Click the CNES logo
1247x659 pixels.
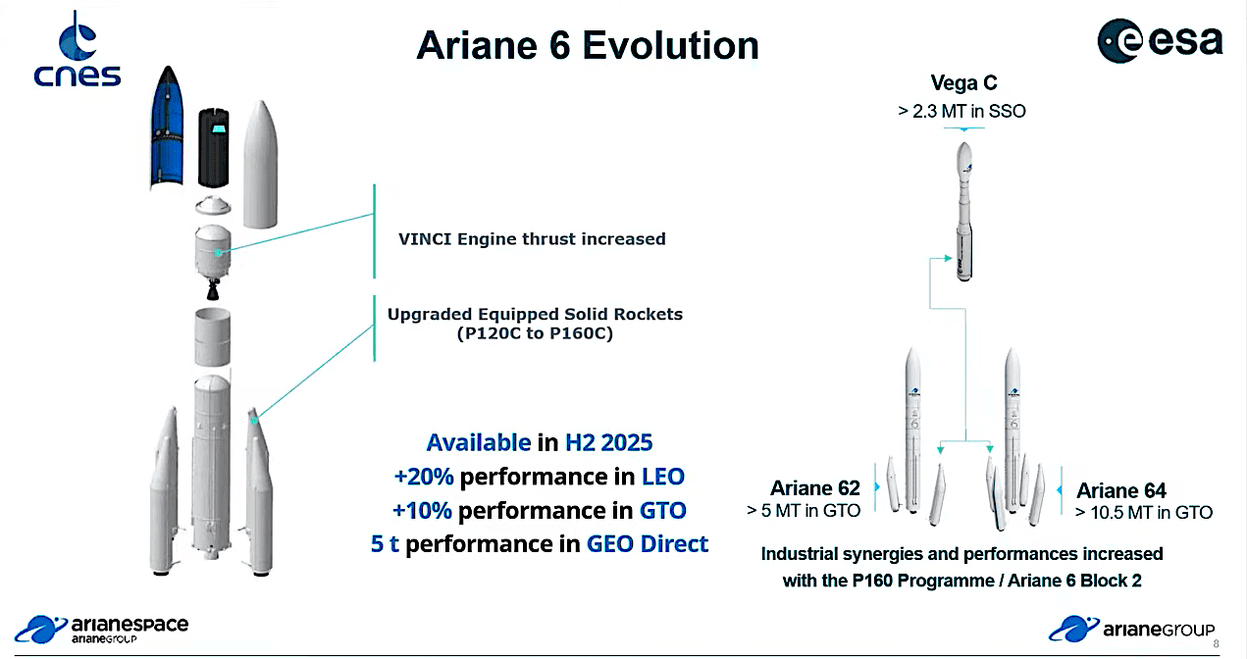pyautogui.click(x=78, y=49)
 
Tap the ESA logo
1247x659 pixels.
pyautogui.click(x=1160, y=40)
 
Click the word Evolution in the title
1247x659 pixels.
pyautogui.click(x=670, y=45)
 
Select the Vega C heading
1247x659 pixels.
pyautogui.click(x=963, y=83)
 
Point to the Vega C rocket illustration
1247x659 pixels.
pyautogui.click(x=964, y=212)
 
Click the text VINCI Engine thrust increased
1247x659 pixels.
pyautogui.click(x=532, y=238)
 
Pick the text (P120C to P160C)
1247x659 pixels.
pyautogui.click(x=535, y=333)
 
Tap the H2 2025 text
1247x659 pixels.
pyautogui.click(x=608, y=442)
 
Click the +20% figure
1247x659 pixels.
pyautogui.click(x=424, y=477)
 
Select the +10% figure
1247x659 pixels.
pyautogui.click(x=422, y=510)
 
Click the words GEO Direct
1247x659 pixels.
pyautogui.click(x=648, y=544)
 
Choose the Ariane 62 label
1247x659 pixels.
pyautogui.click(x=815, y=488)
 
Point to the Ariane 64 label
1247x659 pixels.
pyautogui.click(x=1121, y=490)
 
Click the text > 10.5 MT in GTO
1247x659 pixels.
pyautogui.click(x=1143, y=512)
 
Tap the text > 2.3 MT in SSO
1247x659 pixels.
pyautogui.click(x=961, y=112)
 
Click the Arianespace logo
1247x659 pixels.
pyautogui.click(x=101, y=630)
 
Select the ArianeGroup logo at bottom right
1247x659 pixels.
pyautogui.click(x=1131, y=629)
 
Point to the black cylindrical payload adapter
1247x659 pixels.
pyautogui.click(x=214, y=147)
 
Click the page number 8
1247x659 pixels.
pyautogui.click(x=1216, y=644)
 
